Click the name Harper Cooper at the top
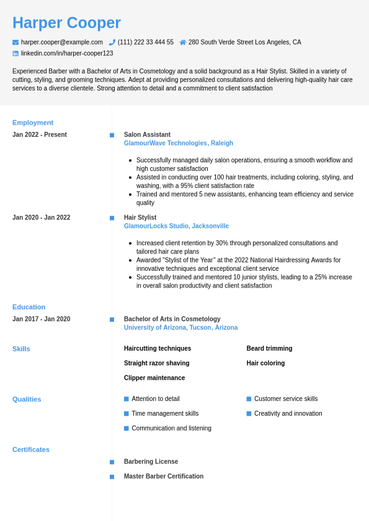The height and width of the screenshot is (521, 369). [66, 23]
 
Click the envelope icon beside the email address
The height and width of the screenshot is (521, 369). [16, 42]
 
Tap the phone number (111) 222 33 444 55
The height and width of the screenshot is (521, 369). [145, 42]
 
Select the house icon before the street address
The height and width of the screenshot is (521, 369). [183, 42]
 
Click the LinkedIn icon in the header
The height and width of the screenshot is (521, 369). [16, 53]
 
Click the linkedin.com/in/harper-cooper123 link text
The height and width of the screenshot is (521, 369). [67, 53]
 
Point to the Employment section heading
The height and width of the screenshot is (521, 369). [33, 123]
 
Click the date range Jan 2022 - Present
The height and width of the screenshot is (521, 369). [40, 134]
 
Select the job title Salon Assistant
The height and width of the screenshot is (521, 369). [147, 134]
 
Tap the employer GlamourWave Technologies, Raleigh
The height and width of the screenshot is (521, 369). [179, 143]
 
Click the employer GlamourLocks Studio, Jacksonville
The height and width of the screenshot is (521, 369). [176, 226]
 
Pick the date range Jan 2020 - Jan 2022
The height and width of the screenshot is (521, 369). [42, 217]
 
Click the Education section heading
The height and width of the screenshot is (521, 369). [29, 307]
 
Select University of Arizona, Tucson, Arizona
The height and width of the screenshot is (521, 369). [180, 328]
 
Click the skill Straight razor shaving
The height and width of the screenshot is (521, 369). [156, 363]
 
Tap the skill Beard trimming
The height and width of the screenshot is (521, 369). [269, 348]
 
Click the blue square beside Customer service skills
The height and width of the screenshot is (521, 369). [249, 399]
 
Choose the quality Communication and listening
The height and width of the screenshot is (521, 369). [171, 428]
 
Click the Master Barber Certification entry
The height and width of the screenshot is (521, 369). [164, 476]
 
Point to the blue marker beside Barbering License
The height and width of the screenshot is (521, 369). [112, 462]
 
